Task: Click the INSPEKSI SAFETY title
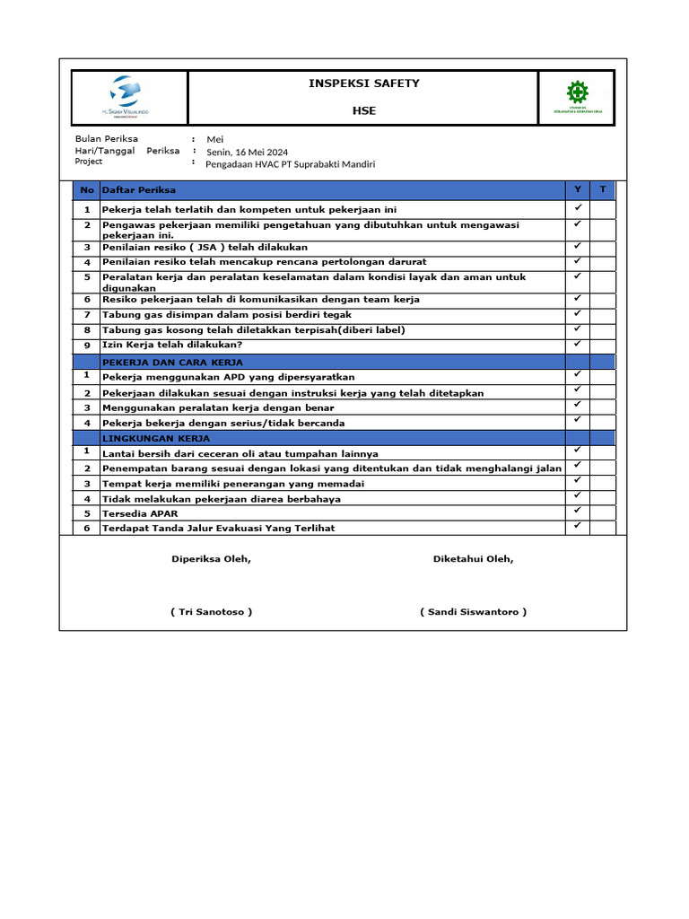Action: pos(364,83)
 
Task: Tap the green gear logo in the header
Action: pos(576,92)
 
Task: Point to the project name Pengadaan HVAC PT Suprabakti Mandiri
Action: pos(291,164)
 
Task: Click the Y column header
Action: pos(578,189)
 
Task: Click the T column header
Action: pos(603,189)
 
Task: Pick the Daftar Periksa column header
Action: pos(139,190)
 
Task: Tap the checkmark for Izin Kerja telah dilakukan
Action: pos(578,344)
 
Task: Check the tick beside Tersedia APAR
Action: pos(578,511)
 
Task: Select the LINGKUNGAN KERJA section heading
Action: pos(156,439)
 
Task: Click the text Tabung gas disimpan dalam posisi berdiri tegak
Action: pos(227,315)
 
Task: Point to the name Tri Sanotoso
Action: pos(211,612)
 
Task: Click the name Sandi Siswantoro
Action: pos(473,612)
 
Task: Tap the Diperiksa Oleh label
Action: pos(212,559)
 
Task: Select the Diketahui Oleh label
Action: pos(474,559)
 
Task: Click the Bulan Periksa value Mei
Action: pos(215,139)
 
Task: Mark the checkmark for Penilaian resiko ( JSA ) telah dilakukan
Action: pos(578,246)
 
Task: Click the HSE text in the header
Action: pos(364,110)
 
